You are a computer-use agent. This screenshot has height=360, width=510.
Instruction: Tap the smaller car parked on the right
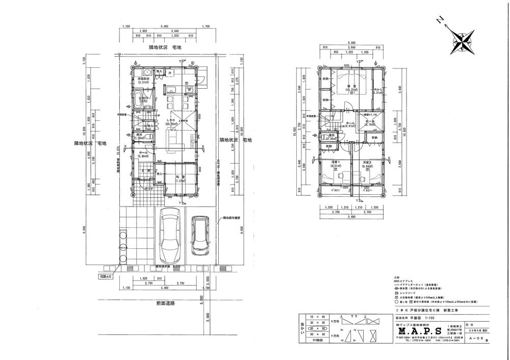point(200,236)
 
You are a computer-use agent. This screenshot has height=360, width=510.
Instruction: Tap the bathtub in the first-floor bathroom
point(139,99)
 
